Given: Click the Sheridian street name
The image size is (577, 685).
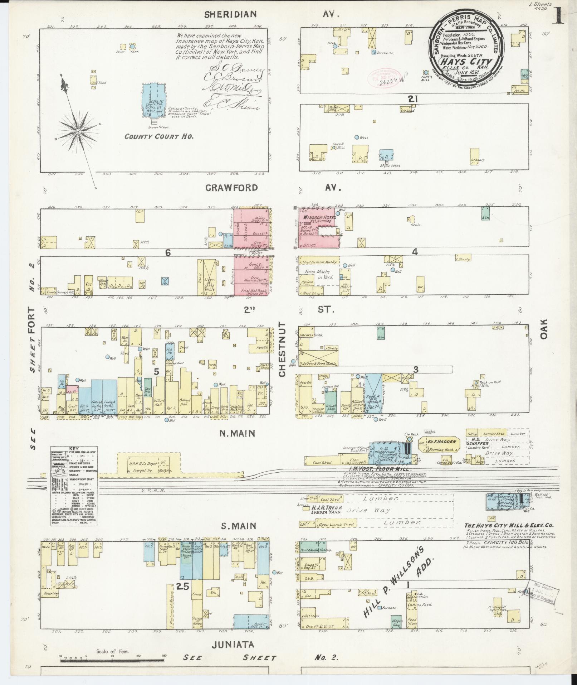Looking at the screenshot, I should click(x=230, y=14).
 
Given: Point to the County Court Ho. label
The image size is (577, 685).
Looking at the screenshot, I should click(x=159, y=136).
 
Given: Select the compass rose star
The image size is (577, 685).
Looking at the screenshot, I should click(x=78, y=132).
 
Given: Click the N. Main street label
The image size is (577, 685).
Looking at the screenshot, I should click(x=237, y=434).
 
